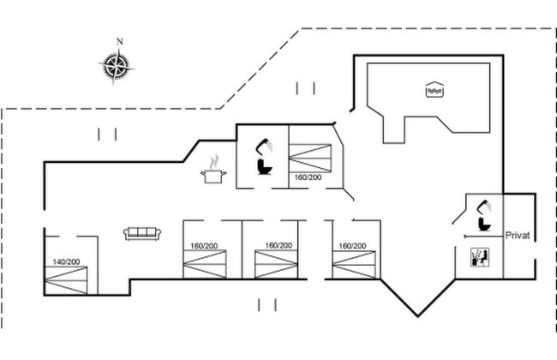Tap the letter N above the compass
[x=120, y=41]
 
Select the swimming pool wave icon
[x=434, y=89]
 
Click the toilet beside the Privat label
[x=485, y=221]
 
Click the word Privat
[x=518, y=235]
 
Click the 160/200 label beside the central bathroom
[x=308, y=177]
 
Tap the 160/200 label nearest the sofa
[x=204, y=246]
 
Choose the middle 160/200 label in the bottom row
[x=278, y=246]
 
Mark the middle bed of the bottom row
[x=278, y=263]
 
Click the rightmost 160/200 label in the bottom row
[x=351, y=246]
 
